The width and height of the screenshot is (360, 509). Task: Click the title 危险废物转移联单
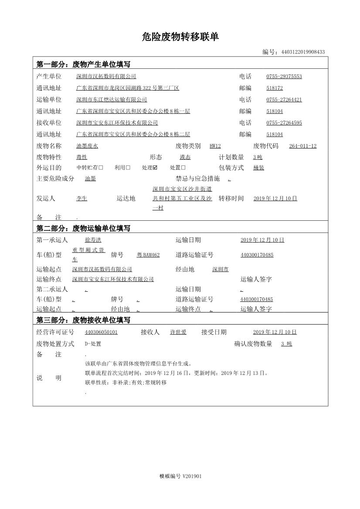pyautogui.click(x=180, y=37)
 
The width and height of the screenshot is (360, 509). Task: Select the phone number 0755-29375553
pyautogui.click(x=284, y=77)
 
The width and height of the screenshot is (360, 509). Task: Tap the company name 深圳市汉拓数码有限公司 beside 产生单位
pyautogui.click(x=106, y=77)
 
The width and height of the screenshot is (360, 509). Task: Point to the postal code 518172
pyautogui.click(x=275, y=88)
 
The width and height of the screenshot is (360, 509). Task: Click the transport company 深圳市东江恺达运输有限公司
pyautogui.click(x=112, y=100)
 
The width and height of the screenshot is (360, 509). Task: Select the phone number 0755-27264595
pyautogui.click(x=284, y=123)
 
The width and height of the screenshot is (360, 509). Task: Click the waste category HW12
pyautogui.click(x=215, y=146)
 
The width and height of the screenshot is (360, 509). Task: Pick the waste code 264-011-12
pyautogui.click(x=302, y=146)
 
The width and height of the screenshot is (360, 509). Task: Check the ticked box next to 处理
pyautogui.click(x=155, y=168)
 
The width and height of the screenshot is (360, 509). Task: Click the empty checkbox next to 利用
pyautogui.click(x=128, y=168)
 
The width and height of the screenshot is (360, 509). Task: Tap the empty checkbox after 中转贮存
pyautogui.click(x=101, y=168)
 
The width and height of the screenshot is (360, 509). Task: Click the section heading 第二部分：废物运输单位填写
pyautogui.click(x=83, y=228)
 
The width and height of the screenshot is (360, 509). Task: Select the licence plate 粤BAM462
pyautogui.click(x=148, y=255)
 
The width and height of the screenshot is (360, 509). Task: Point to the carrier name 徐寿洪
pyautogui.click(x=93, y=240)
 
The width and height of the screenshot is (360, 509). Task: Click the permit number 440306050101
pyautogui.click(x=101, y=332)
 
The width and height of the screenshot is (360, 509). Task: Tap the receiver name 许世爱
pyautogui.click(x=178, y=332)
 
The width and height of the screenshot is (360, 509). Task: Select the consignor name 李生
pyautogui.click(x=82, y=199)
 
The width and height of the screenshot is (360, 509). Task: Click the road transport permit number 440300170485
pyautogui.click(x=257, y=255)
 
